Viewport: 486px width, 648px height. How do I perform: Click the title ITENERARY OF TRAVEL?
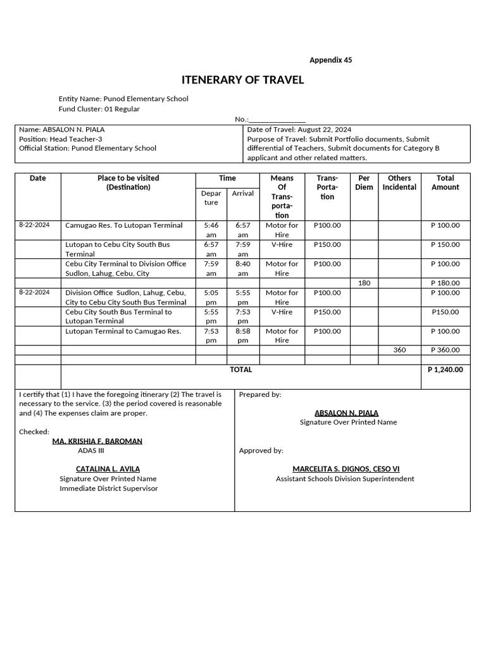click(x=242, y=80)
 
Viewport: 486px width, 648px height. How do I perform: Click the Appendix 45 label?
click(x=330, y=60)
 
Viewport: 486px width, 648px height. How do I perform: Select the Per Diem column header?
click(x=364, y=183)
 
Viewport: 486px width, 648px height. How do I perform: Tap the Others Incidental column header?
click(x=399, y=183)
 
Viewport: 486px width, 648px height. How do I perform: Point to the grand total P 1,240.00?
click(x=445, y=370)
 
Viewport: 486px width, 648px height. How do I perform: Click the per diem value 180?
click(x=364, y=283)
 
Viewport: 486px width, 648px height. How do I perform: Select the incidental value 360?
click(x=399, y=350)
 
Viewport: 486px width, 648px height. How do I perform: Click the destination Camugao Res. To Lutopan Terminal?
click(x=124, y=225)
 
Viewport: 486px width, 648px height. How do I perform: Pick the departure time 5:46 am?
click(x=211, y=230)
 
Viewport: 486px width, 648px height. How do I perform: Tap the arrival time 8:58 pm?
click(x=242, y=335)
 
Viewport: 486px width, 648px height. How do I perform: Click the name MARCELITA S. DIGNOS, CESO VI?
click(x=346, y=469)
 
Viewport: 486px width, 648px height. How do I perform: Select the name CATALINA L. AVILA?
click(x=108, y=469)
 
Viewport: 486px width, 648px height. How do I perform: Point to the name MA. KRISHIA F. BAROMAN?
click(x=97, y=441)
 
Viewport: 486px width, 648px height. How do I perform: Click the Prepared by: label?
click(x=260, y=394)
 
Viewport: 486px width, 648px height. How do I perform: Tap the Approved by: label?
click(x=261, y=451)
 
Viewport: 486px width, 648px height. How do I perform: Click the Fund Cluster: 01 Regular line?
click(x=99, y=109)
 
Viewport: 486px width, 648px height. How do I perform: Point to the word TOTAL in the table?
click(x=241, y=370)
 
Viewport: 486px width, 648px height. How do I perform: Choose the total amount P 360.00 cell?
click(x=445, y=350)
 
